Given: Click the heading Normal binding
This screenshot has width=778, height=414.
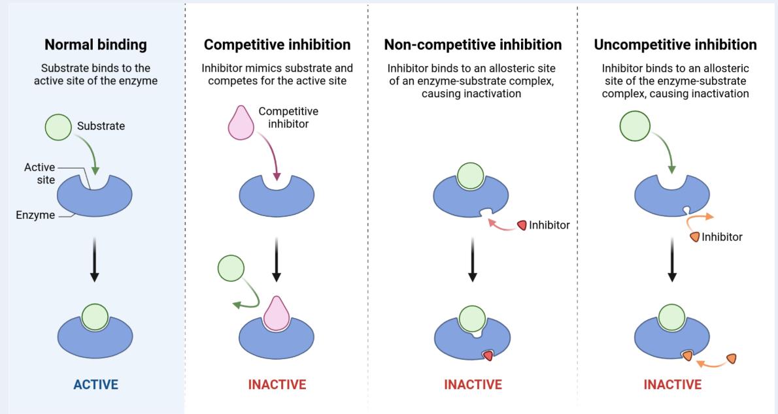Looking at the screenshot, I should coord(95,45).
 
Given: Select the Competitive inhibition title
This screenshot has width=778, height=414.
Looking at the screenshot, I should coord(277,45).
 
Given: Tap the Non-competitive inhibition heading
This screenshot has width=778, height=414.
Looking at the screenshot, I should coord(473,45).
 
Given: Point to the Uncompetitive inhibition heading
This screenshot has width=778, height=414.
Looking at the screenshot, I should coord(675,45).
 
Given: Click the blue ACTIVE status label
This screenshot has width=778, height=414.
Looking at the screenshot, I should coord(95,385).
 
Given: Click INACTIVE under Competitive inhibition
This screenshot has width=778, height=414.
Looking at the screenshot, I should coord(277,385).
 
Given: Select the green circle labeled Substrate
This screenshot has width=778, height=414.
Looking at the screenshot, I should coord(59,127).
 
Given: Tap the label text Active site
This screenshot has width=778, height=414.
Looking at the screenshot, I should coord(40,173).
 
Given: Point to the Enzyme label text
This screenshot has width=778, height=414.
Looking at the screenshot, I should coord(35,215).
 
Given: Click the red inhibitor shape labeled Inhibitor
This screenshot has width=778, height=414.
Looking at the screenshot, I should coord(522,225).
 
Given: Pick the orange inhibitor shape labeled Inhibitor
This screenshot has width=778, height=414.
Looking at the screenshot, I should coord(694,236).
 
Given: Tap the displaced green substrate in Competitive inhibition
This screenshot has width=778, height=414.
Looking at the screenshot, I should coord(230,268).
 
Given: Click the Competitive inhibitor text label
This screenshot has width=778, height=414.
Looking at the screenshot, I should coord(288,118).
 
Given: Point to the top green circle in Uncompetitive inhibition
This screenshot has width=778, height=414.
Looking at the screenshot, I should coord(634,126).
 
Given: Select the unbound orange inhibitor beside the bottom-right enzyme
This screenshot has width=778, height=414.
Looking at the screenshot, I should coord(731,358).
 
